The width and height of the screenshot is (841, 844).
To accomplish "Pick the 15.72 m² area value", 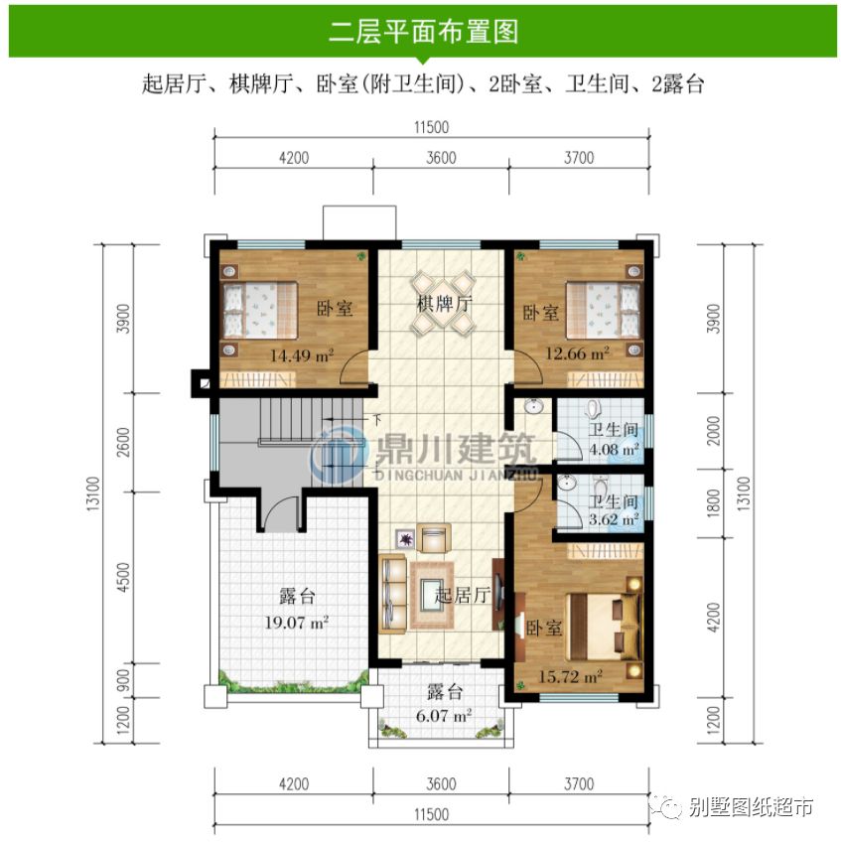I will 572,676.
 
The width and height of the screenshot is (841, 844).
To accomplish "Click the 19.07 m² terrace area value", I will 297,624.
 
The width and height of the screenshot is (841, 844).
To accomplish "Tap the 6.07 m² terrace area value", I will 442,714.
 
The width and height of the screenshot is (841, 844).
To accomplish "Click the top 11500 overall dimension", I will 431,127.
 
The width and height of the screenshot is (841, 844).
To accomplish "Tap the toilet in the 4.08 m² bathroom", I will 594,410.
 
